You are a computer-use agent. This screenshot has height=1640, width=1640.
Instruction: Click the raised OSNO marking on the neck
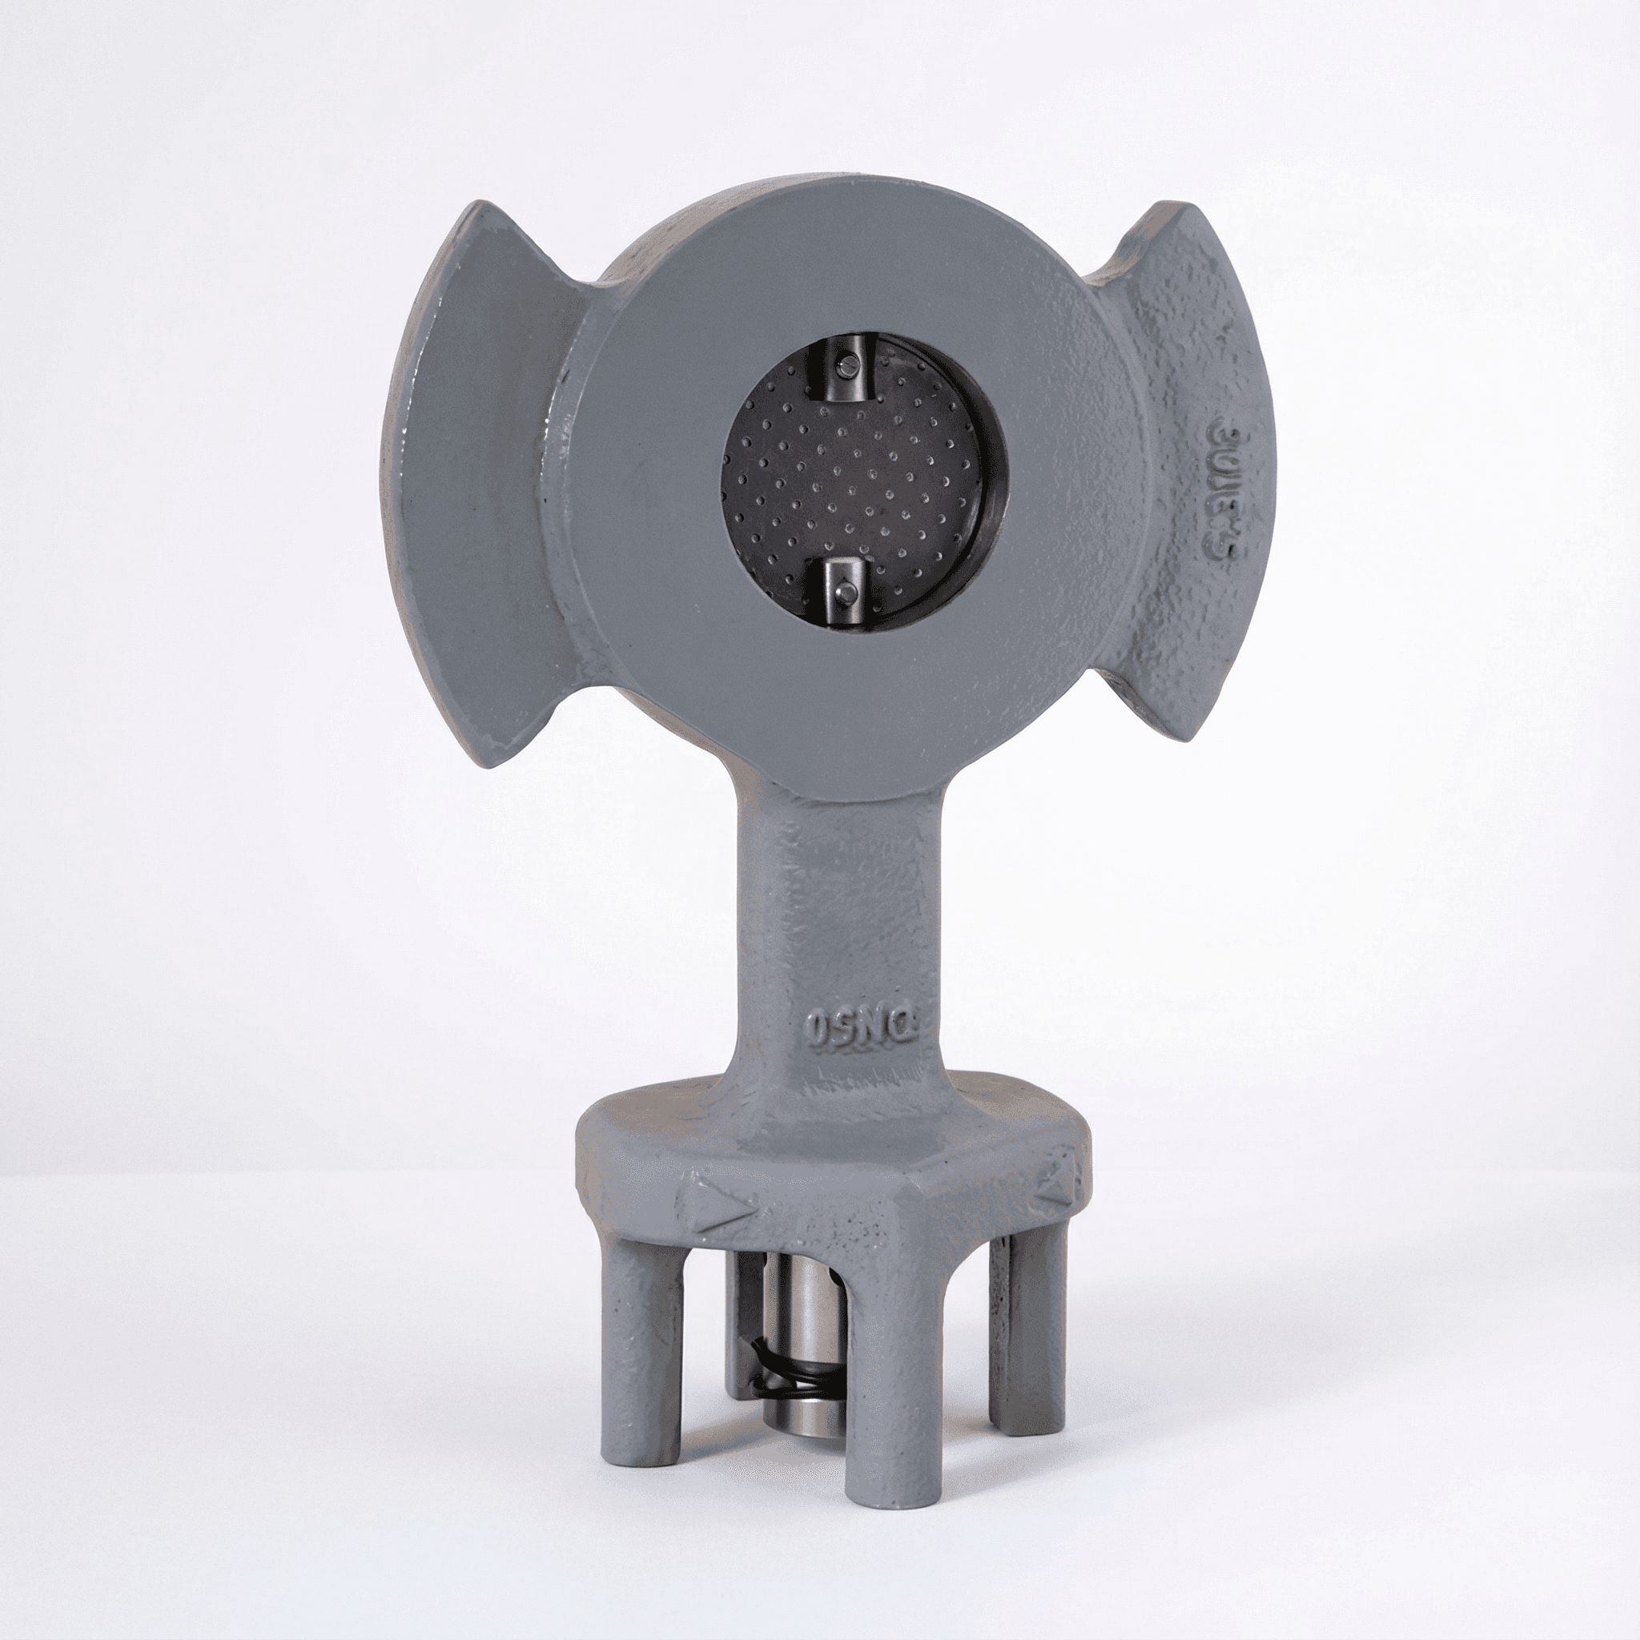pyautogui.click(x=861, y=1029)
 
